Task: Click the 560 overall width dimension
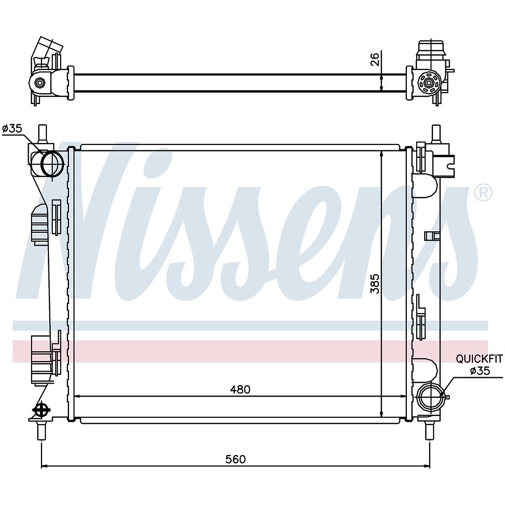[x=235, y=459]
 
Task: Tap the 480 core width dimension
[x=240, y=390]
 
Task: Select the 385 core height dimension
[x=375, y=284]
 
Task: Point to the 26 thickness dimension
[x=375, y=59]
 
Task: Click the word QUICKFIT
[x=479, y=359]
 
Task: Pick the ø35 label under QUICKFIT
[x=480, y=371]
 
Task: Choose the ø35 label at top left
[x=12, y=129]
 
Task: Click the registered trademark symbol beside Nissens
[x=483, y=193]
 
